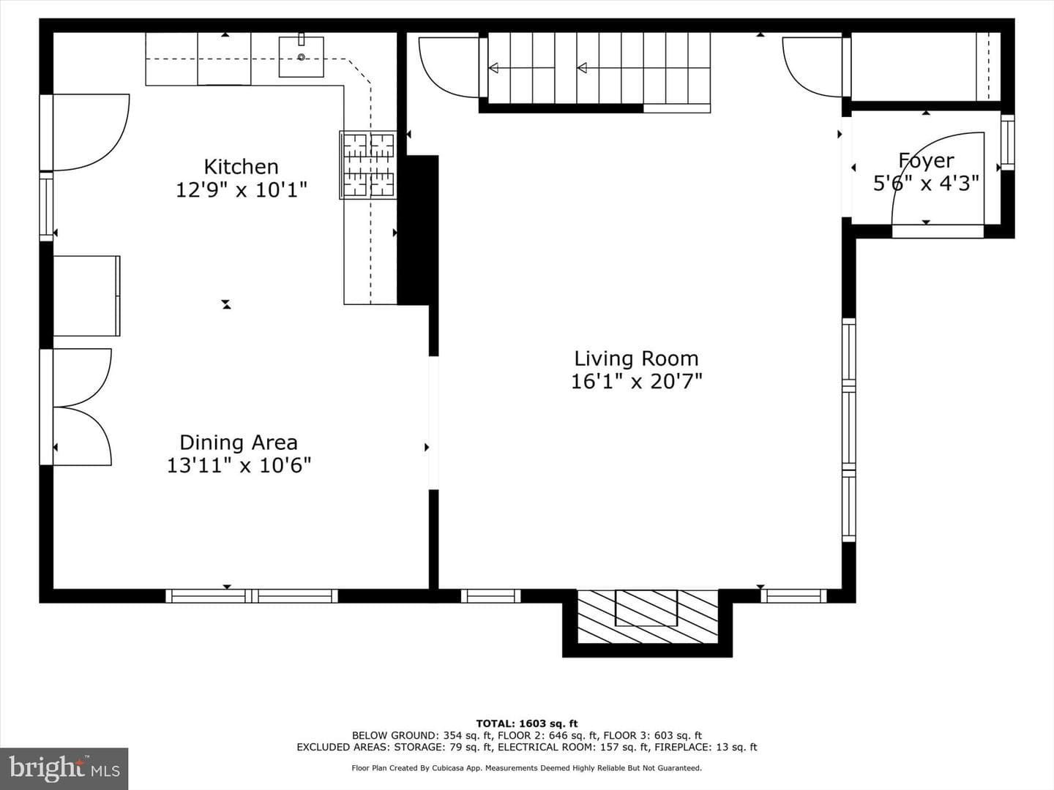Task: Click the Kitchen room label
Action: click(x=241, y=167)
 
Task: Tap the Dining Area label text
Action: click(x=239, y=443)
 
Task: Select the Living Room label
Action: click(x=636, y=358)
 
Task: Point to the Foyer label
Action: click(x=926, y=161)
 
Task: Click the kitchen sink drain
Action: click(x=301, y=58)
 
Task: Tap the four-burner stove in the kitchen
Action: click(x=368, y=165)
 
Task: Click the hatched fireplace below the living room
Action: click(x=647, y=617)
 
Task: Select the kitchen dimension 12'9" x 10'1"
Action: click(x=241, y=190)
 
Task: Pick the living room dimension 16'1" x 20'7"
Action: click(x=636, y=382)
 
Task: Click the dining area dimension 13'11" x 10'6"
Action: click(x=239, y=465)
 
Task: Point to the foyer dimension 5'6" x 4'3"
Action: click(x=926, y=183)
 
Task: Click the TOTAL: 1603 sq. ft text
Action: click(x=527, y=724)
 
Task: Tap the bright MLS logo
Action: click(x=64, y=768)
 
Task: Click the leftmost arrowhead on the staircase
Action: click(x=493, y=68)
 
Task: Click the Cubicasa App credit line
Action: click(x=527, y=768)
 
